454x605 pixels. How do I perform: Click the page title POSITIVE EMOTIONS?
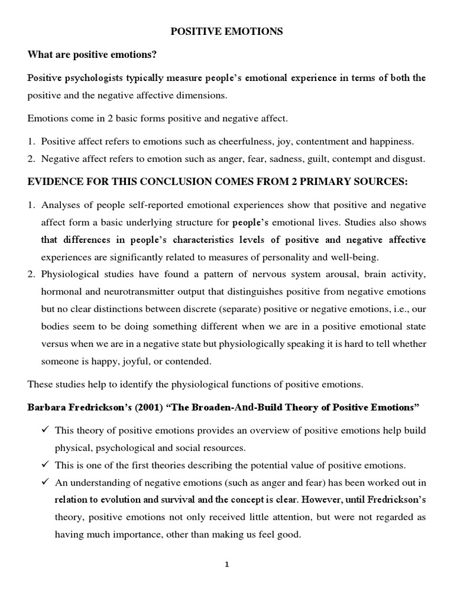(x=227, y=32)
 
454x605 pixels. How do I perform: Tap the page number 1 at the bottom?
(x=226, y=564)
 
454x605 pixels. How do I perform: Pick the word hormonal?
(x=62, y=291)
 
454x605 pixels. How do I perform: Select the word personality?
(x=264, y=257)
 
